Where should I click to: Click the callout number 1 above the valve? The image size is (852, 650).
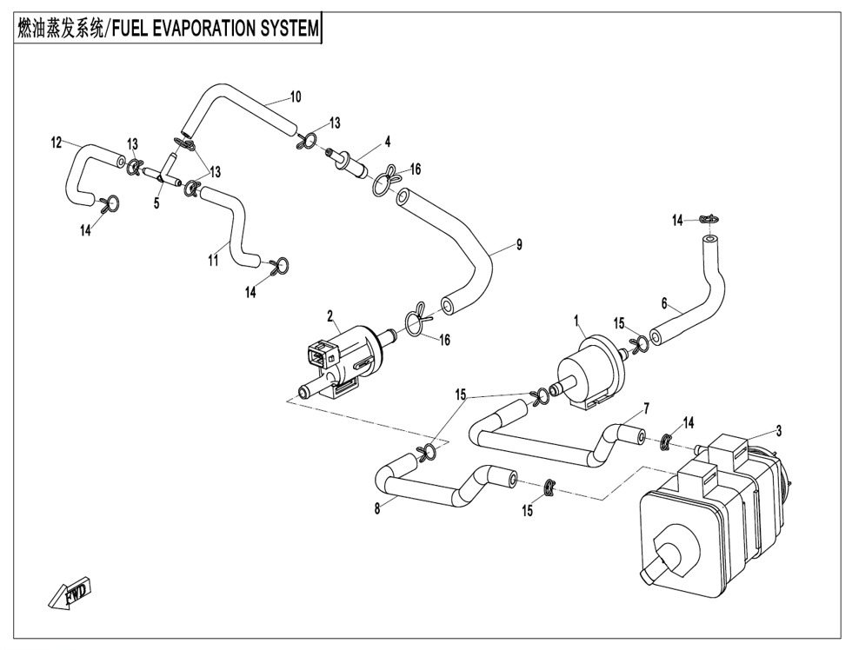click(x=576, y=321)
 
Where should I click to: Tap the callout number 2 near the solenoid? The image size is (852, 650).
click(x=330, y=314)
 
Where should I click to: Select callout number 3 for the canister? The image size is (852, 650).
click(x=779, y=429)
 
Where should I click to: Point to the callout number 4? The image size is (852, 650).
click(x=388, y=140)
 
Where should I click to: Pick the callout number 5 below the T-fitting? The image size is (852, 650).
click(x=156, y=202)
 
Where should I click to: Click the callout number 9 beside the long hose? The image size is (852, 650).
click(x=519, y=245)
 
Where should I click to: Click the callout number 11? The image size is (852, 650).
click(x=213, y=261)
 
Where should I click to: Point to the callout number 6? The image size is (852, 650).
click(x=664, y=304)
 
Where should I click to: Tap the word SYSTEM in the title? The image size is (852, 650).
click(x=290, y=28)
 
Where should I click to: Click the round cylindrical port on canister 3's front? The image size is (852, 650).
click(x=675, y=553)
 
